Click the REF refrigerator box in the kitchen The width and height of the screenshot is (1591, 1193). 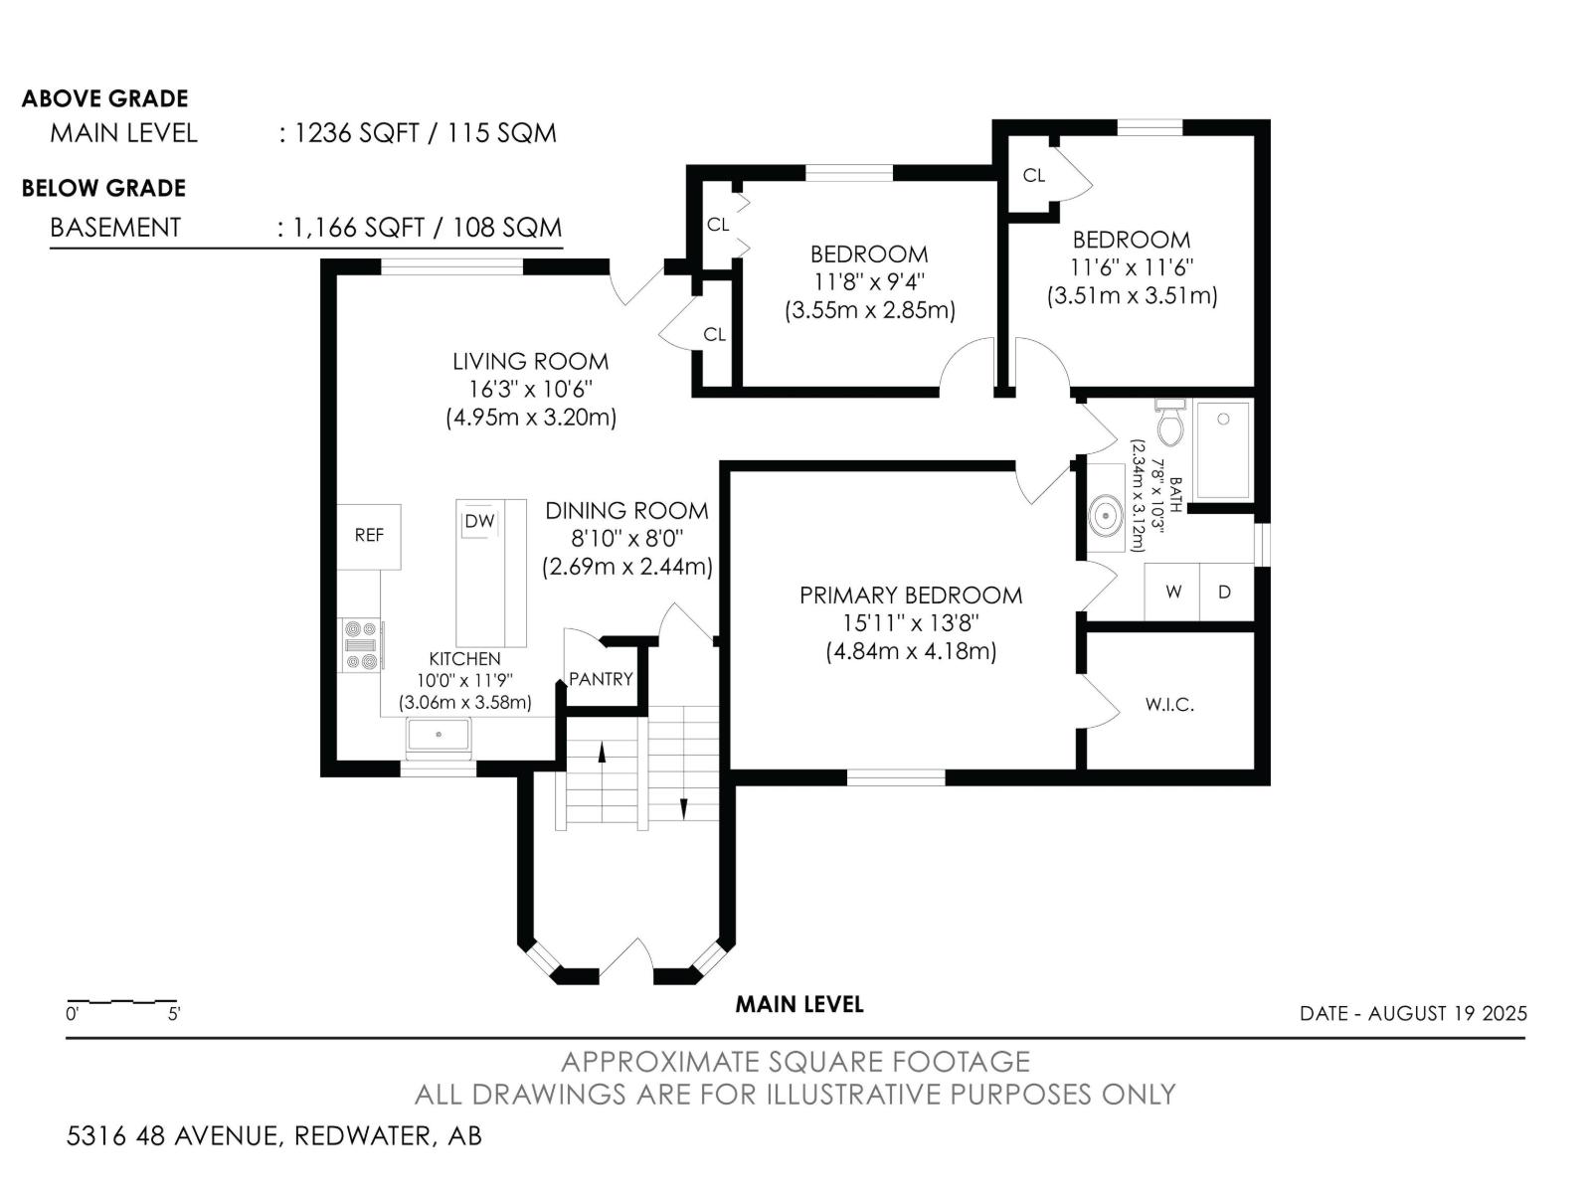point(369,537)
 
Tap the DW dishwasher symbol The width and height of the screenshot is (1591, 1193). point(479,521)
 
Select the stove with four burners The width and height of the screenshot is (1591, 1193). point(361,645)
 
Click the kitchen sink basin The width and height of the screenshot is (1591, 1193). point(439,735)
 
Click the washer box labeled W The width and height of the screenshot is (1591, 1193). point(1172,592)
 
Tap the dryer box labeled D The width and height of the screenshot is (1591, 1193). point(1226,592)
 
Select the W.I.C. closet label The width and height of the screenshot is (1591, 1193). point(1169,704)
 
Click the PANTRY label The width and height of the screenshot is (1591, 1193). point(601,679)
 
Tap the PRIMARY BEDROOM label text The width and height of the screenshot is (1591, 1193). point(911,595)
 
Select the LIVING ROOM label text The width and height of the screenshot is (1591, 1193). point(531,361)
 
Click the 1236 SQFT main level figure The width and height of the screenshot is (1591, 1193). point(356,133)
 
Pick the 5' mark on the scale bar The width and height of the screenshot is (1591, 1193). point(174,1014)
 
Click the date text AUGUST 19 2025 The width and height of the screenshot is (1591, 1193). point(1448,1013)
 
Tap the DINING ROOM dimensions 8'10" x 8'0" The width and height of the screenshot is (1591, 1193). point(627,538)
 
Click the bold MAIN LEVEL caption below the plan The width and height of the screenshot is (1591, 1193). point(799,1004)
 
